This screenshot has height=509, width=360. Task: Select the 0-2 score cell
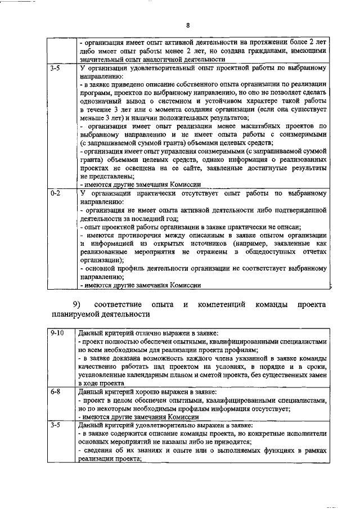[x=55, y=193]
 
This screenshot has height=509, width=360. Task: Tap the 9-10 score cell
[x=56, y=333]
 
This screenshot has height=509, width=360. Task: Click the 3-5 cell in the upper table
[x=55, y=68]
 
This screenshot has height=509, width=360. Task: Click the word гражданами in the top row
[x=267, y=51]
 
